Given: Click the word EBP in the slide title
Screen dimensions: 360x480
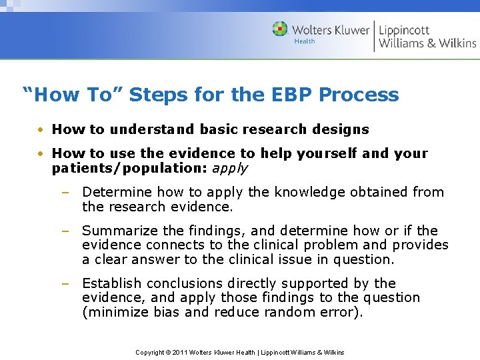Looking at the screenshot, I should (x=290, y=95).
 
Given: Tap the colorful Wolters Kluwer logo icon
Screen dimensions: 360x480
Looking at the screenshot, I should (x=280, y=29).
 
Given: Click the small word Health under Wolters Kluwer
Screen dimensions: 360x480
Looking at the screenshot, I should (x=305, y=41).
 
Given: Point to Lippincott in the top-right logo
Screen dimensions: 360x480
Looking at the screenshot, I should (x=404, y=30).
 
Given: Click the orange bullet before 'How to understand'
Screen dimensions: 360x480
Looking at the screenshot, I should (x=41, y=129).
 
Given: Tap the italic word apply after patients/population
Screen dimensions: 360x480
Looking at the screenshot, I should (x=230, y=168).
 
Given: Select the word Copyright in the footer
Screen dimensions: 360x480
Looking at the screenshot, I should (x=150, y=352).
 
